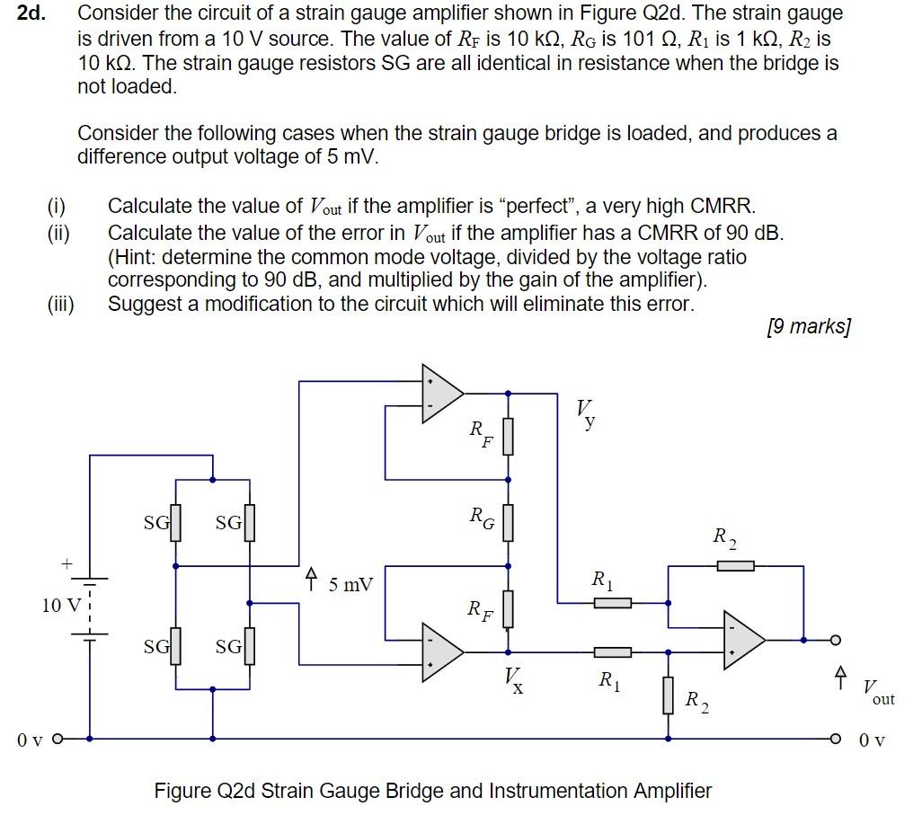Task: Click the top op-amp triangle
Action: point(441,393)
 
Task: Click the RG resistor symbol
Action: point(508,523)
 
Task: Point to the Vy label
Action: point(586,414)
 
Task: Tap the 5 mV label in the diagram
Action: point(350,585)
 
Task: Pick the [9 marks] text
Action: point(808,326)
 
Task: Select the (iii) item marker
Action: point(60,304)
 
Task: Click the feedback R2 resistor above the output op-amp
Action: point(736,565)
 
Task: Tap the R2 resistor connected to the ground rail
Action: point(668,695)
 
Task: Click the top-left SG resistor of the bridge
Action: point(176,523)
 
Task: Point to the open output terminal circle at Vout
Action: point(834,640)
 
